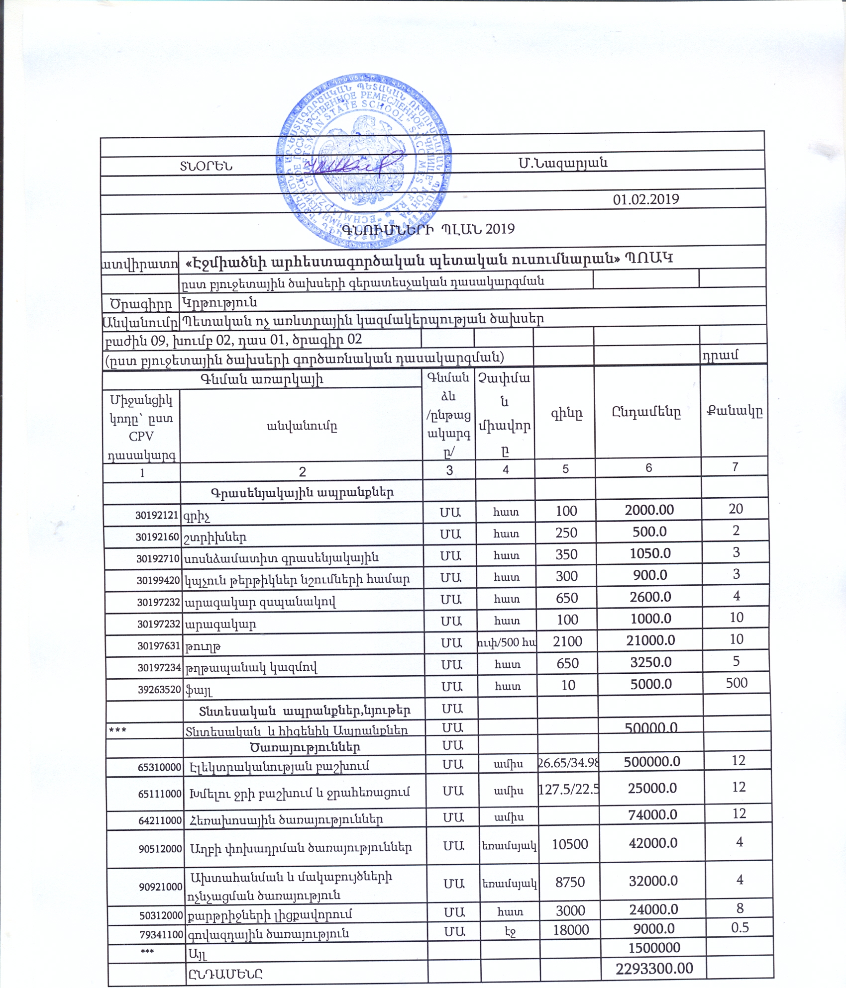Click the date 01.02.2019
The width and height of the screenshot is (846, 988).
coord(645,199)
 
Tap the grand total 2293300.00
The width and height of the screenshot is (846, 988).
coord(654,968)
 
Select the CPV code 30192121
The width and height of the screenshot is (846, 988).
coord(157,515)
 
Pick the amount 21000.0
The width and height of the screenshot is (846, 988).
coord(650,640)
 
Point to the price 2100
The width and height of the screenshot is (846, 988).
coord(567,641)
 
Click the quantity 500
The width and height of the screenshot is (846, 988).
coord(737,683)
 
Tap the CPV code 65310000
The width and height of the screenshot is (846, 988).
coord(160,767)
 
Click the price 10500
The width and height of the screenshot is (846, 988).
coord(570,844)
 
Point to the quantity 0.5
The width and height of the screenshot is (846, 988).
coord(740,927)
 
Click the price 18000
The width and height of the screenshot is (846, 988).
coord(571,930)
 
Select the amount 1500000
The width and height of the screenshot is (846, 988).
coord(654,947)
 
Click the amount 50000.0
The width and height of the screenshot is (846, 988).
coord(651,728)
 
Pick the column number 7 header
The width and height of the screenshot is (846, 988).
coord(735,466)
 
